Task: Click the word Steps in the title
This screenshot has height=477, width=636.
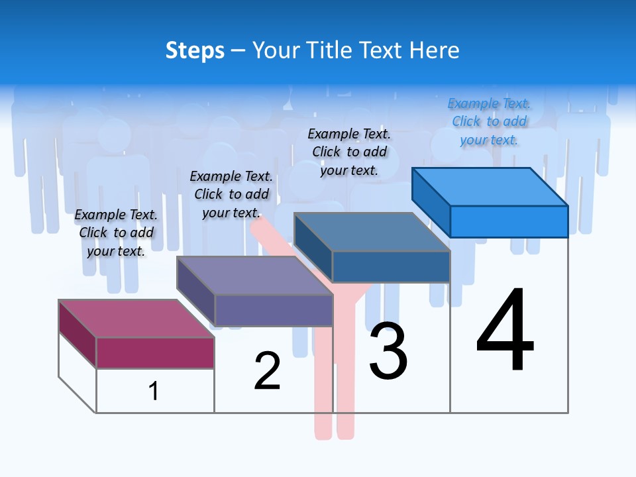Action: coord(195,50)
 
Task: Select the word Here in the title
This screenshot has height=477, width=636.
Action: coord(435,50)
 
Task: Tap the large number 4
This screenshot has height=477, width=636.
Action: coord(505,331)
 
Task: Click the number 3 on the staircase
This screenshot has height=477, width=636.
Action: coord(388,350)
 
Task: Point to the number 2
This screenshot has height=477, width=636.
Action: coord(267,371)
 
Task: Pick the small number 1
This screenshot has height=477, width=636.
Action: coord(154,391)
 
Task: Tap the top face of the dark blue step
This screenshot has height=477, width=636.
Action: coord(372,232)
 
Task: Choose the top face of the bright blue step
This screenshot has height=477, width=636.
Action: coord(490,187)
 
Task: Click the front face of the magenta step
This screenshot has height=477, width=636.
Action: coord(155,352)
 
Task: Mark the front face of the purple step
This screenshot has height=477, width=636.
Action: coord(274,310)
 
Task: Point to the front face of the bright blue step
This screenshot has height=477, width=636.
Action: coord(509,221)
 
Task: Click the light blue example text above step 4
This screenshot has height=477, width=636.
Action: coord(489,122)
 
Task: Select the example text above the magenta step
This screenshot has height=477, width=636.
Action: coord(116,233)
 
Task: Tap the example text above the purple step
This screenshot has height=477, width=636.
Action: coord(231,194)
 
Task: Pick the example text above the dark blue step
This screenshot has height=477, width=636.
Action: coord(349,152)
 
